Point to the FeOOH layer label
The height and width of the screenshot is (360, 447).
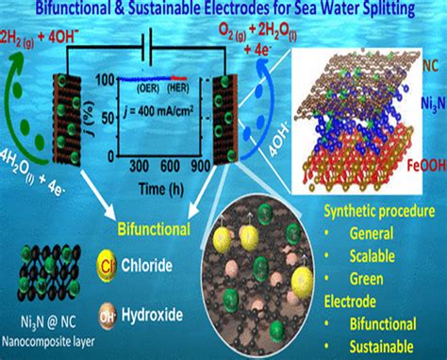pyautogui.click(x=417, y=170)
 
